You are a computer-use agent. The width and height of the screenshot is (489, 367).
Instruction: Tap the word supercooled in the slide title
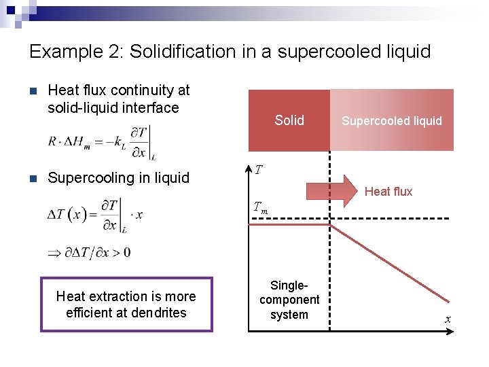(319, 52)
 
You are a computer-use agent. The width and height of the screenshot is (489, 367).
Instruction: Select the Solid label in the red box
(289, 120)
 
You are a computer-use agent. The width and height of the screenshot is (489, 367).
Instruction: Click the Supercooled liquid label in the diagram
(391, 121)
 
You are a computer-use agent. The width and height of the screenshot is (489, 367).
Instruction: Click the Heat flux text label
(388, 192)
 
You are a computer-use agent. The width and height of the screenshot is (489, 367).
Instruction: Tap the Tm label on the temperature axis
(260, 209)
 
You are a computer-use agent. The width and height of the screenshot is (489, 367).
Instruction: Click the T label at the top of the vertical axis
(259, 170)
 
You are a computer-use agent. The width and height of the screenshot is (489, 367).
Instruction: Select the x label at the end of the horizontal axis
(448, 319)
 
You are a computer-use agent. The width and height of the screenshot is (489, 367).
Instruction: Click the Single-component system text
(289, 300)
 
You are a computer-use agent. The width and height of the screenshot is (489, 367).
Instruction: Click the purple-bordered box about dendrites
(126, 304)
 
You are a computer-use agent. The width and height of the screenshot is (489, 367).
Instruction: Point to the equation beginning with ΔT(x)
(95, 215)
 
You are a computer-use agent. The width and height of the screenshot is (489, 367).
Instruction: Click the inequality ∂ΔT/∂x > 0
(89, 253)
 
